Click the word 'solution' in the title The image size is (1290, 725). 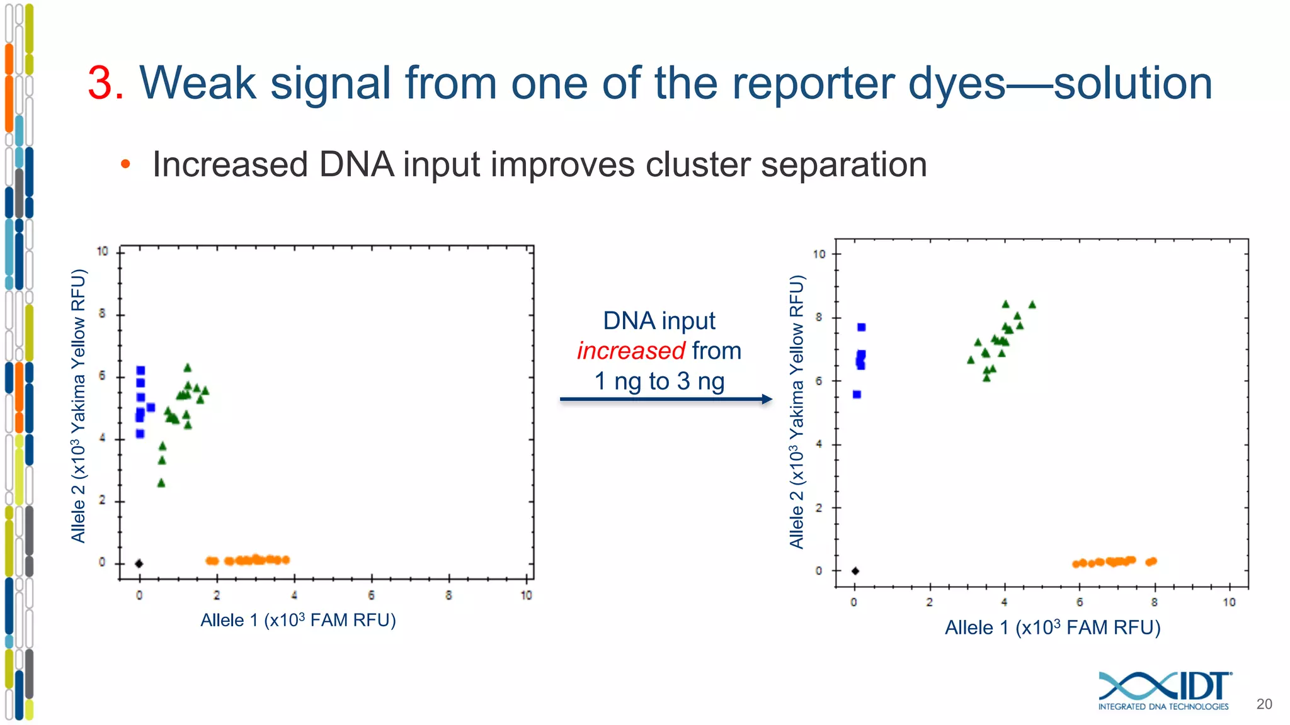tap(1133, 83)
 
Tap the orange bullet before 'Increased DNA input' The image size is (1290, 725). tap(125, 164)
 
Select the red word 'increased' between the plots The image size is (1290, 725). tap(631, 351)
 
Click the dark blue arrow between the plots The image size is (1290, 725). tap(665, 399)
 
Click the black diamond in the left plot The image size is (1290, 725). tap(139, 563)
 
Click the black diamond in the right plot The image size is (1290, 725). tap(855, 571)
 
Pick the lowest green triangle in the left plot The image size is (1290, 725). tap(161, 483)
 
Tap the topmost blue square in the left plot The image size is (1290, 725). tap(140, 370)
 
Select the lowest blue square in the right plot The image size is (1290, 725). tap(857, 395)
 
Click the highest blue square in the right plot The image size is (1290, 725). tap(861, 327)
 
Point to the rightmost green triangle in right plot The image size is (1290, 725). tap(1032, 305)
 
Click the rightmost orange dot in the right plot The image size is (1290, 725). tap(1153, 561)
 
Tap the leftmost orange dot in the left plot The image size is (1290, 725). tap(210, 560)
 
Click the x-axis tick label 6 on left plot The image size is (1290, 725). tap(371, 595)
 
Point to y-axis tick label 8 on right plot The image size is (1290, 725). tap(818, 318)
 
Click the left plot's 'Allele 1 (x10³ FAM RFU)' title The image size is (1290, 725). tap(298, 621)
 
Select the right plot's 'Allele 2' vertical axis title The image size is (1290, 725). tap(797, 412)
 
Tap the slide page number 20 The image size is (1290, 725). tap(1264, 704)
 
